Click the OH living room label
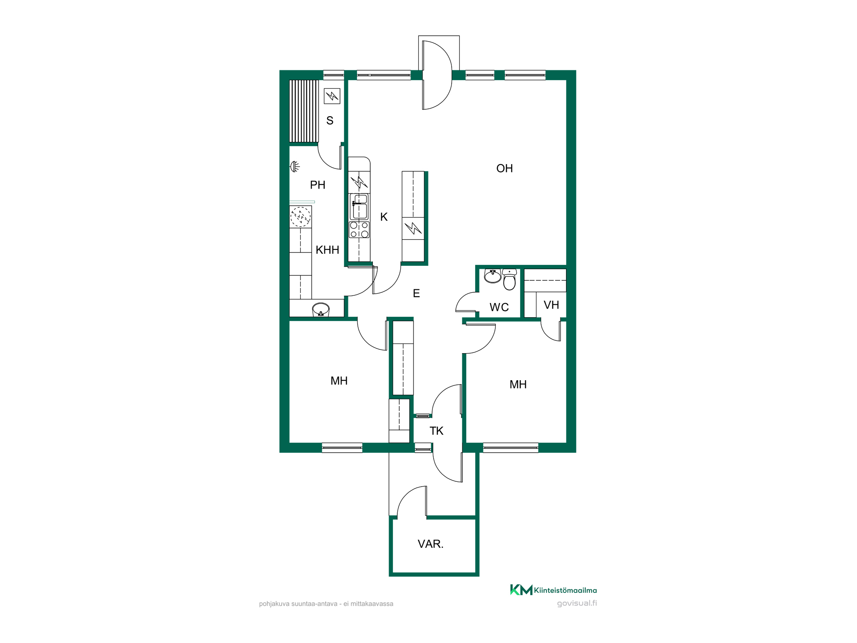click(x=504, y=168)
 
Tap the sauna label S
click(x=330, y=120)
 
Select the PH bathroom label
click(x=318, y=185)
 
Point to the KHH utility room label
click(x=327, y=250)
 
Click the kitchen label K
click(x=384, y=217)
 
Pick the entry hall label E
click(x=416, y=293)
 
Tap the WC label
click(x=499, y=307)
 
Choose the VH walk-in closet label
click(x=551, y=305)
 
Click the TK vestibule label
click(x=436, y=431)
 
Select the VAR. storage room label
click(x=431, y=544)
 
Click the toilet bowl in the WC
click(x=509, y=279)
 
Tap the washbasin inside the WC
click(x=493, y=276)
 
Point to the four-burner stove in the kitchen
click(x=359, y=230)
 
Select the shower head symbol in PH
click(x=295, y=166)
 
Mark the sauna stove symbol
click(x=332, y=96)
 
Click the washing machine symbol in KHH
click(x=300, y=217)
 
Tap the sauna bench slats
click(x=304, y=111)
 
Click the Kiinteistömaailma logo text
click(x=565, y=590)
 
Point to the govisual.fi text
click(x=577, y=604)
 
